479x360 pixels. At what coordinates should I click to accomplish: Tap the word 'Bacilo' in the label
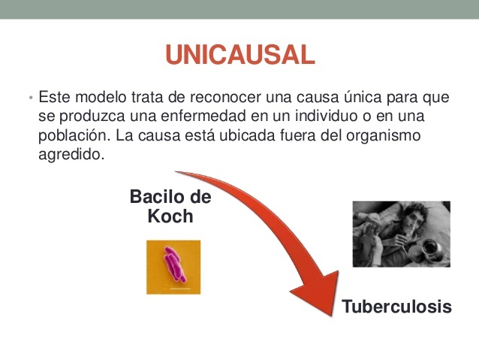pyautogui.click(x=159, y=197)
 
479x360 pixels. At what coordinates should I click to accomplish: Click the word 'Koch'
pyautogui.click(x=170, y=216)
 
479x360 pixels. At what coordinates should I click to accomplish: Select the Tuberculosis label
pyautogui.click(x=397, y=307)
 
